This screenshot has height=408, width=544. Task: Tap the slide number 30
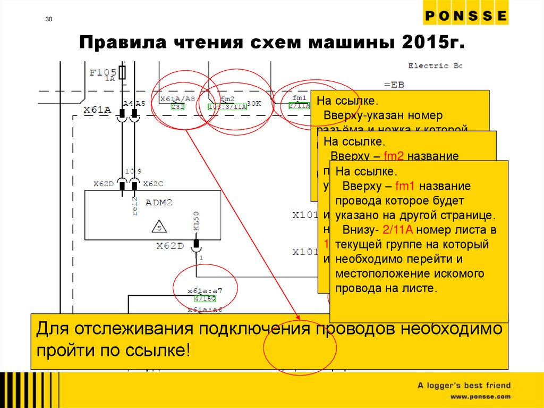(49, 20)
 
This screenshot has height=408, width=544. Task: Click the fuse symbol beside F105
(123, 73)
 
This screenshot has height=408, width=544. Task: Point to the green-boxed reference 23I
(177, 106)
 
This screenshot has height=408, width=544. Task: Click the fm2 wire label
(227, 99)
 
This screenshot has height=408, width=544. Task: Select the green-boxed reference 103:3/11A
(227, 106)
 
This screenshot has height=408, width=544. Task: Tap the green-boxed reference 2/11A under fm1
(299, 106)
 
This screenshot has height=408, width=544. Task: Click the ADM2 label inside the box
(159, 203)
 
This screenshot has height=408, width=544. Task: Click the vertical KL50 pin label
(196, 221)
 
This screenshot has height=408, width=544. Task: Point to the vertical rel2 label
(134, 206)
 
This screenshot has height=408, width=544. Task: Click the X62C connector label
(153, 184)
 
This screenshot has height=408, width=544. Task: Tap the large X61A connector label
(97, 110)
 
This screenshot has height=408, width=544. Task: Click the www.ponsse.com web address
(481, 397)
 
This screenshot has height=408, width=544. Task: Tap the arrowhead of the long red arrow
(296, 319)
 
